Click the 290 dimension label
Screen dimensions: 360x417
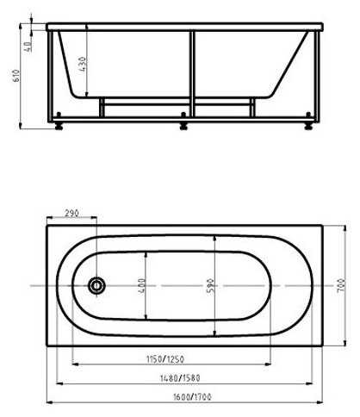click(71, 213)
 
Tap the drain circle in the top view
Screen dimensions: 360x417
click(96, 285)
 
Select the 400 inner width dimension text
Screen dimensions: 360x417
click(142, 286)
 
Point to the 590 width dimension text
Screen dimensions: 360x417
click(210, 286)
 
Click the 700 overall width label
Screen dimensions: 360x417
click(341, 286)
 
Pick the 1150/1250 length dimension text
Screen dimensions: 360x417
click(165, 359)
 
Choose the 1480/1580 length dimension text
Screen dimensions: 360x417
click(180, 378)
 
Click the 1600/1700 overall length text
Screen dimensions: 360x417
click(192, 397)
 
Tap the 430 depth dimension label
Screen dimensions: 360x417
click(83, 65)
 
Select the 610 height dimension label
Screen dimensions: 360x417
click(16, 76)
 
